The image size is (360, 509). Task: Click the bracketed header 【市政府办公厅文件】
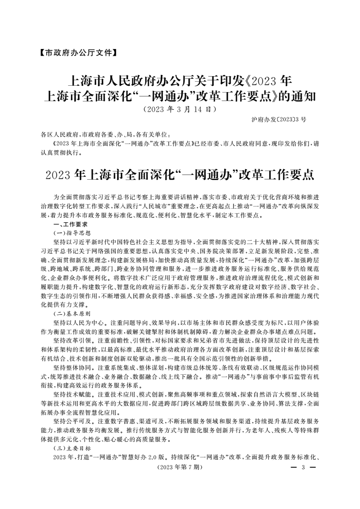[75, 53]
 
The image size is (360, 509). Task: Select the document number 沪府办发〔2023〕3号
[278, 119]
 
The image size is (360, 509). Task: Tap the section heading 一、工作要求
[70, 224]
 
